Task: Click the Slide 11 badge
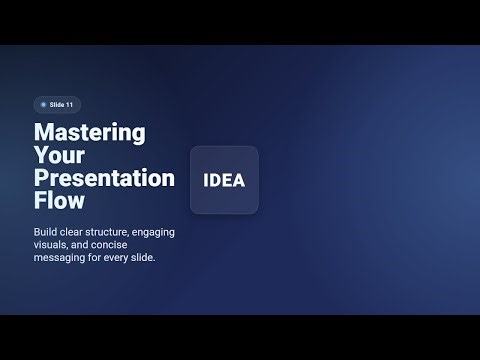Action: (x=57, y=104)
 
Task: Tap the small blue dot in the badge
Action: (x=43, y=104)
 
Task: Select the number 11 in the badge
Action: (x=70, y=104)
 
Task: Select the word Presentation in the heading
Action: (x=105, y=178)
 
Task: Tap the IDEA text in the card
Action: (x=224, y=181)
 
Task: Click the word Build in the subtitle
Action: (x=46, y=232)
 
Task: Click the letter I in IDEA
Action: (x=205, y=181)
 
